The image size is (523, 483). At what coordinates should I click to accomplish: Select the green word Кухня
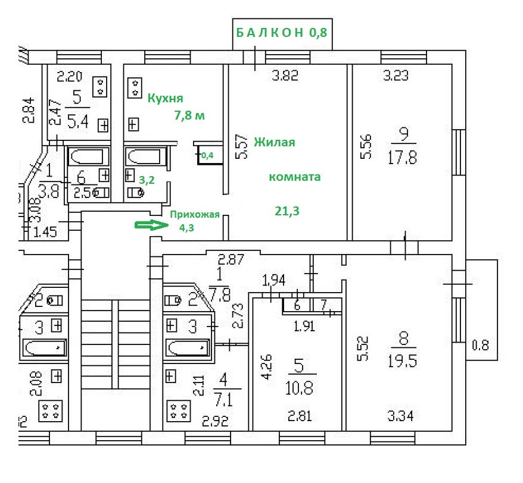pos(165,98)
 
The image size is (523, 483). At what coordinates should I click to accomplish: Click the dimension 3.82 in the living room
pos(285,76)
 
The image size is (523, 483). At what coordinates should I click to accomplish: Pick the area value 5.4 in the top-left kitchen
pos(77,123)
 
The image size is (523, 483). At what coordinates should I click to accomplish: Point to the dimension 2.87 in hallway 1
pos(231,259)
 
